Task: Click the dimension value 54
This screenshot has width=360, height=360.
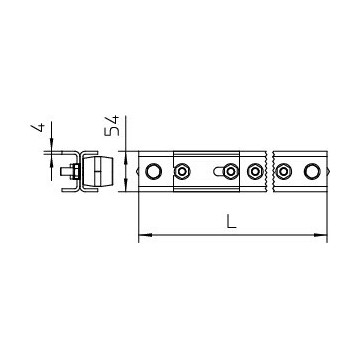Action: [x=112, y=126]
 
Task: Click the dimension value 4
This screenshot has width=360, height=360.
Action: [x=39, y=128]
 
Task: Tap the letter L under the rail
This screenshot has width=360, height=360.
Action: [x=231, y=221]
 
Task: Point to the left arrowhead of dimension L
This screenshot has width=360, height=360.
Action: [x=145, y=235]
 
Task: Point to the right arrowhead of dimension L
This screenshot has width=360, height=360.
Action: [x=320, y=235]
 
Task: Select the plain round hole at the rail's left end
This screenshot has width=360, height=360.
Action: [x=153, y=171]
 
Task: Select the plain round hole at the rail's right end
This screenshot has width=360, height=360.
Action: [x=311, y=171]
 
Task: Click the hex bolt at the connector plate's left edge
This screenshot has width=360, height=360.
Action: [x=182, y=171]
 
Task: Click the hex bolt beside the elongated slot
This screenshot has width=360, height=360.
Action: [x=230, y=171]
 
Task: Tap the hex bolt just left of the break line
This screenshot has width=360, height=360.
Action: [x=255, y=171]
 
